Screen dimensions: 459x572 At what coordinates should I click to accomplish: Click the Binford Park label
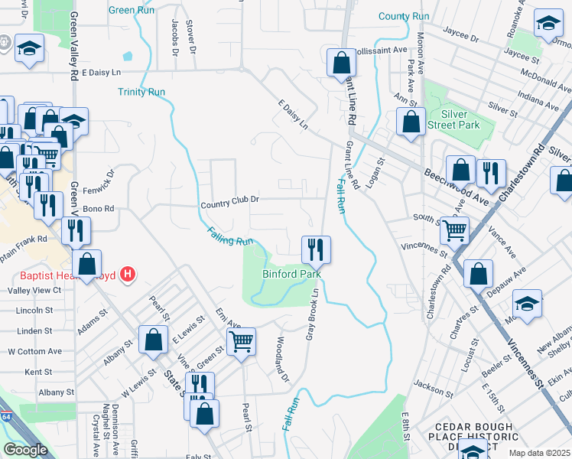pos(291,273)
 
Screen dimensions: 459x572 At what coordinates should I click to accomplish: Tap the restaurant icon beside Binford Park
pos(316,249)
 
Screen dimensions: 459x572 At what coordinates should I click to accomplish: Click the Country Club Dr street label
pos(230,203)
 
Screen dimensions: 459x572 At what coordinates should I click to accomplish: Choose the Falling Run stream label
pos(229,236)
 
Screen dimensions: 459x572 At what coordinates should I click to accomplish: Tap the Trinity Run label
pos(141,92)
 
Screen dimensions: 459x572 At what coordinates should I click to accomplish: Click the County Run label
pos(404,16)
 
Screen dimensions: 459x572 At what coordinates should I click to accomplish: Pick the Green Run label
pos(132,10)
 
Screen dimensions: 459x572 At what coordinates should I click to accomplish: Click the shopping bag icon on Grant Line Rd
pos(341,63)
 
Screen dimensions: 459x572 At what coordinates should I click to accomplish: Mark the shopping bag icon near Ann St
pos(411,122)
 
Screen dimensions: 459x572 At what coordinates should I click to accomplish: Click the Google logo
pos(25,450)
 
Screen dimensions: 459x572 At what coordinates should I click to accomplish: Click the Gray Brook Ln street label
pos(312,314)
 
